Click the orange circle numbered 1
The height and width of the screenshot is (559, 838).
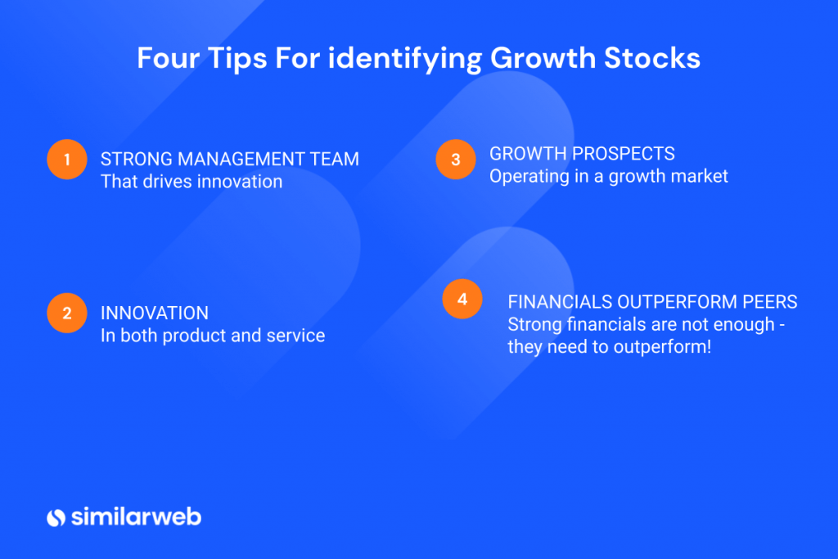[67, 160]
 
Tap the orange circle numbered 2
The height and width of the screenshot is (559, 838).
[67, 313]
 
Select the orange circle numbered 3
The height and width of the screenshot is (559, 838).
[456, 160]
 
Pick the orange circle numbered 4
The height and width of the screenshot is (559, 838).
[462, 300]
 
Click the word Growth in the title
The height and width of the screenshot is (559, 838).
[538, 59]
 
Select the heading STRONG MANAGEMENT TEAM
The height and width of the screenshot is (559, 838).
[230, 159]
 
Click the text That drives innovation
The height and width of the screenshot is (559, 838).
[191, 181]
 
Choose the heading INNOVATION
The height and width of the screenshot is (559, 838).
[155, 313]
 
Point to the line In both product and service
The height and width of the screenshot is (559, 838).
[213, 335]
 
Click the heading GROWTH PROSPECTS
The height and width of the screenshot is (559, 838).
[582, 153]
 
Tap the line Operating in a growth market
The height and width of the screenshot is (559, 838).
[609, 175]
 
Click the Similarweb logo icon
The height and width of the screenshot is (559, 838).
[56, 517]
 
